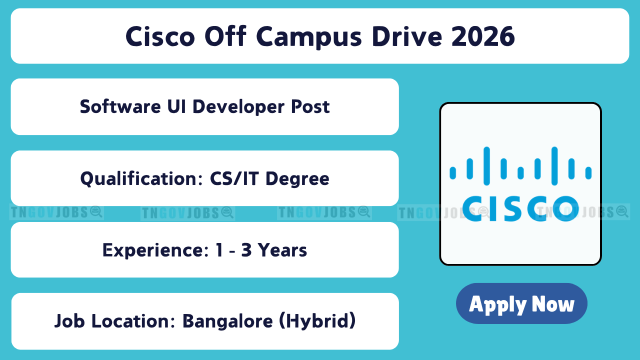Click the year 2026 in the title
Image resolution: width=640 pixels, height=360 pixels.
click(483, 36)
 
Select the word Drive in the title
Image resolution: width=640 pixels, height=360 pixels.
click(407, 36)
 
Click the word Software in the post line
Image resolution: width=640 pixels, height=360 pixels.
click(120, 106)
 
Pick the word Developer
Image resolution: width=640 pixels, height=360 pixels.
click(238, 107)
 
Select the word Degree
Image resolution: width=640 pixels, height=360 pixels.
click(297, 179)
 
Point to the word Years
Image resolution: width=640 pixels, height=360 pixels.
click(282, 250)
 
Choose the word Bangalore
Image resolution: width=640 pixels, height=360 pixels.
click(227, 321)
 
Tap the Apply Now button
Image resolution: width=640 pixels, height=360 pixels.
click(521, 303)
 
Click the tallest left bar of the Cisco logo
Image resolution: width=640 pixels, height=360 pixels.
click(486, 166)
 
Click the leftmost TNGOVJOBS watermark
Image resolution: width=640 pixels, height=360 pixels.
click(56, 212)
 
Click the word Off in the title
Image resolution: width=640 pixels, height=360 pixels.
click(225, 36)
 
